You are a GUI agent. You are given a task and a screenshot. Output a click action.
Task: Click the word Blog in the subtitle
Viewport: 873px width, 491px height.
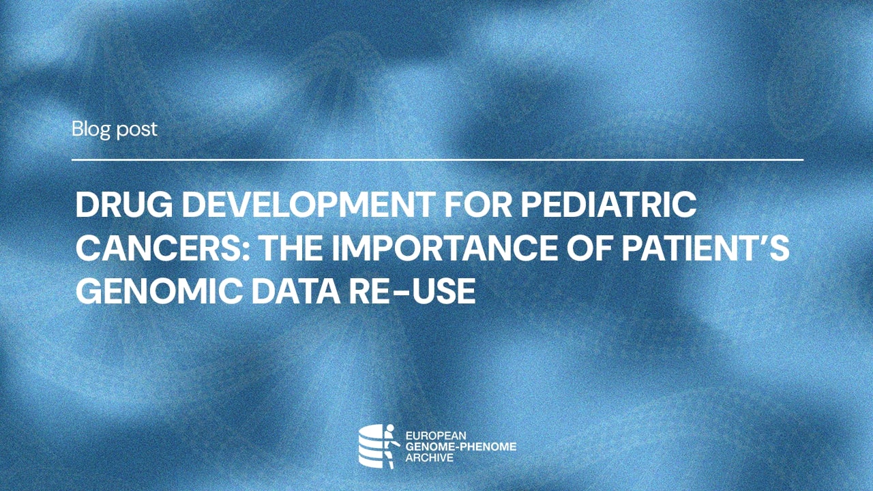point(91,129)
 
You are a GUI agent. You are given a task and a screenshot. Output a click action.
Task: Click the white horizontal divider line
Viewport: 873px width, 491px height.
point(437,160)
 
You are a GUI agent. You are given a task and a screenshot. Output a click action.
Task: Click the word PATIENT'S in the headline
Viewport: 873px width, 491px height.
point(709,249)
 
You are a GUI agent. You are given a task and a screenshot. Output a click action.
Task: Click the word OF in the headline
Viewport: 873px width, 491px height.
point(598,249)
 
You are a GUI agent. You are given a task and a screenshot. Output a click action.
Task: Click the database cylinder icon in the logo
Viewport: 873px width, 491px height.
point(371,447)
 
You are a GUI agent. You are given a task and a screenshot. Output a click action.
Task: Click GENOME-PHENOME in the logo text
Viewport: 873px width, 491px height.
point(460,447)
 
